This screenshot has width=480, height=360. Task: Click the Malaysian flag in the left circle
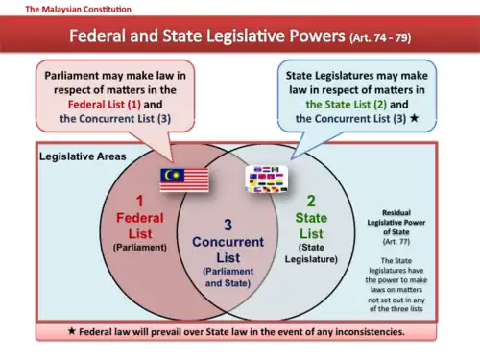(184, 179)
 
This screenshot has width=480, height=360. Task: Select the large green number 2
(310, 203)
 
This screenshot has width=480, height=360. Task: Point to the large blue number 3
(227, 225)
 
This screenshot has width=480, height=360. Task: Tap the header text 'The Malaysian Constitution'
(66, 9)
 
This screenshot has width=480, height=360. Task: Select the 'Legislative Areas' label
(84, 155)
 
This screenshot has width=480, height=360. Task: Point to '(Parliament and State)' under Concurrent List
(228, 277)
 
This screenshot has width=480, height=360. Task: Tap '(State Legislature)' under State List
(310, 252)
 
